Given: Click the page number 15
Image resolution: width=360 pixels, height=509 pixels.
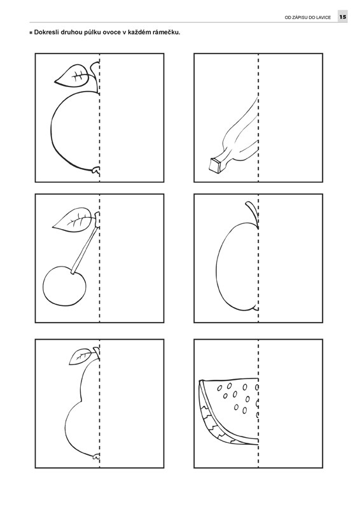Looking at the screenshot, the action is coord(343,17).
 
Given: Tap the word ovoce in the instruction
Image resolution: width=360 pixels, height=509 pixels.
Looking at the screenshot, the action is coord(112,32).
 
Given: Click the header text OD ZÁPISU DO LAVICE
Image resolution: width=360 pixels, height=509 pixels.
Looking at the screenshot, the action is coord(308,18).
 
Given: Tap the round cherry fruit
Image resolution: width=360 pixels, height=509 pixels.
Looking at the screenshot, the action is coord(65,286).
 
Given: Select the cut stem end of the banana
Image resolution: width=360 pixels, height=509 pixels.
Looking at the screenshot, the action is coord(214,164).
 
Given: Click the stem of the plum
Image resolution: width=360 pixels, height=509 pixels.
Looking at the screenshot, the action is coord(253,214).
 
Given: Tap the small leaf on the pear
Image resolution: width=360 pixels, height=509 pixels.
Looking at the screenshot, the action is coord(82,356).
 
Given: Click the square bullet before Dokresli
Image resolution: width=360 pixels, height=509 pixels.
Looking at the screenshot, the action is coord(31,33).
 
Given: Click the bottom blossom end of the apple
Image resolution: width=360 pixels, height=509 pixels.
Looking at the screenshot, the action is coord(96,170).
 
